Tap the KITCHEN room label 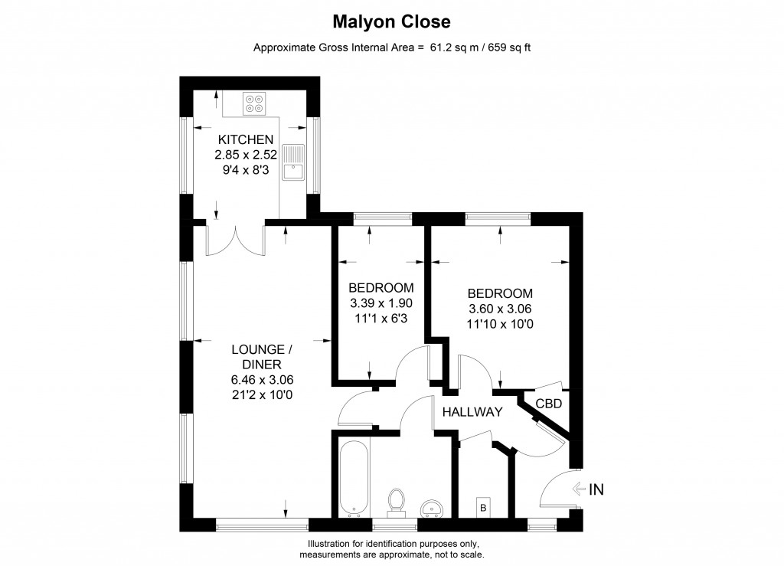[246, 139]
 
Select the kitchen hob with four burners [253, 103]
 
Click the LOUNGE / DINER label [262, 357]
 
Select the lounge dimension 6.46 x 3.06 [262, 379]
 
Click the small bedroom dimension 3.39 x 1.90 [381, 303]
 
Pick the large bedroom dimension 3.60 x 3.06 [500, 309]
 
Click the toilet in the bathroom [397, 502]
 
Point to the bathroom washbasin [433, 508]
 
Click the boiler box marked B [482, 506]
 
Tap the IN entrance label [596, 489]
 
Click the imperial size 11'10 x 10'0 [500, 323]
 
